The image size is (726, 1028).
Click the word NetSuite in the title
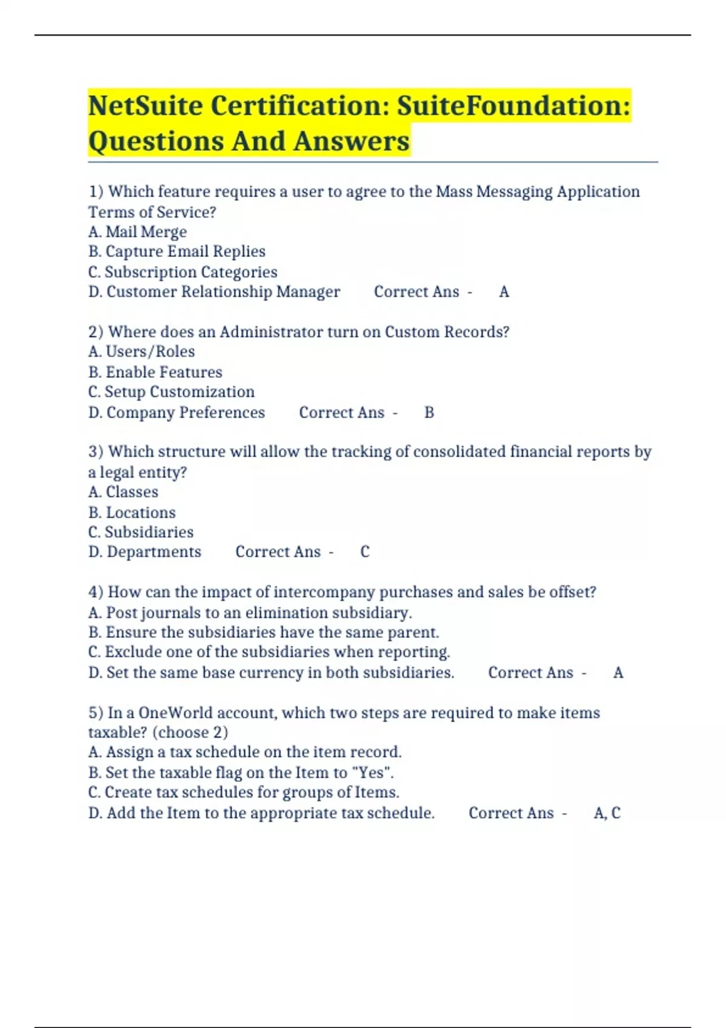(145, 106)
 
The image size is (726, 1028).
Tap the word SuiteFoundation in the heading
(513, 106)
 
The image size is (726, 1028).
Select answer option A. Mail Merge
(137, 232)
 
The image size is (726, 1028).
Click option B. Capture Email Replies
(177, 252)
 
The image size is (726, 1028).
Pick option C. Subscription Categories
(183, 272)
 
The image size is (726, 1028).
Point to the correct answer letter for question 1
(504, 292)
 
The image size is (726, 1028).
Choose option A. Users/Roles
(142, 351)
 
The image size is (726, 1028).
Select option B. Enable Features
(155, 372)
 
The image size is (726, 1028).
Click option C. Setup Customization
(171, 392)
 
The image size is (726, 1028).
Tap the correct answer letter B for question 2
(429, 412)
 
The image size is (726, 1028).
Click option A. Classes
(123, 492)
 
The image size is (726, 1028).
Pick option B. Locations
(132, 512)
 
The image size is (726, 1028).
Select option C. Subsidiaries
(141, 532)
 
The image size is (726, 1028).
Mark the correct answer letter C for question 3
(365, 552)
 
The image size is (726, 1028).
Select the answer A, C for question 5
(607, 813)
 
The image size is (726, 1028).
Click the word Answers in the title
(352, 142)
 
